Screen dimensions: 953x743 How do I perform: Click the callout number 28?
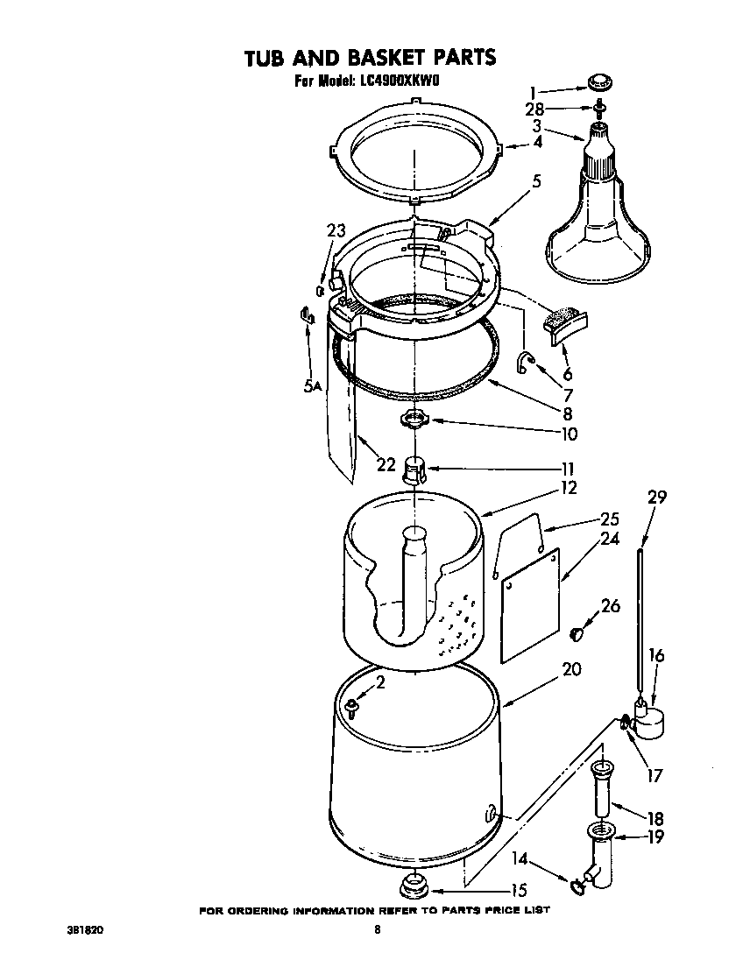pyautogui.click(x=534, y=109)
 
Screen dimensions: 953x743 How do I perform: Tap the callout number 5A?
pyautogui.click(x=314, y=385)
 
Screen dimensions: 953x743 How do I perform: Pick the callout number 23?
pyautogui.click(x=336, y=231)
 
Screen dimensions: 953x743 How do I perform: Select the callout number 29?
pyautogui.click(x=657, y=497)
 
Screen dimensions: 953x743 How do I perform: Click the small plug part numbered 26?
pyautogui.click(x=577, y=632)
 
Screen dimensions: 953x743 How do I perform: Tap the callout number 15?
pyautogui.click(x=518, y=890)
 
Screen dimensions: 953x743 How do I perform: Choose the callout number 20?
pyautogui.click(x=570, y=669)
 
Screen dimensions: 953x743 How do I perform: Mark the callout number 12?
pyautogui.click(x=569, y=487)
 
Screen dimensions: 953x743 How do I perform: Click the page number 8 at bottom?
pyautogui.click(x=377, y=930)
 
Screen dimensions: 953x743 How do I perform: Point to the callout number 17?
pyautogui.click(x=655, y=775)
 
